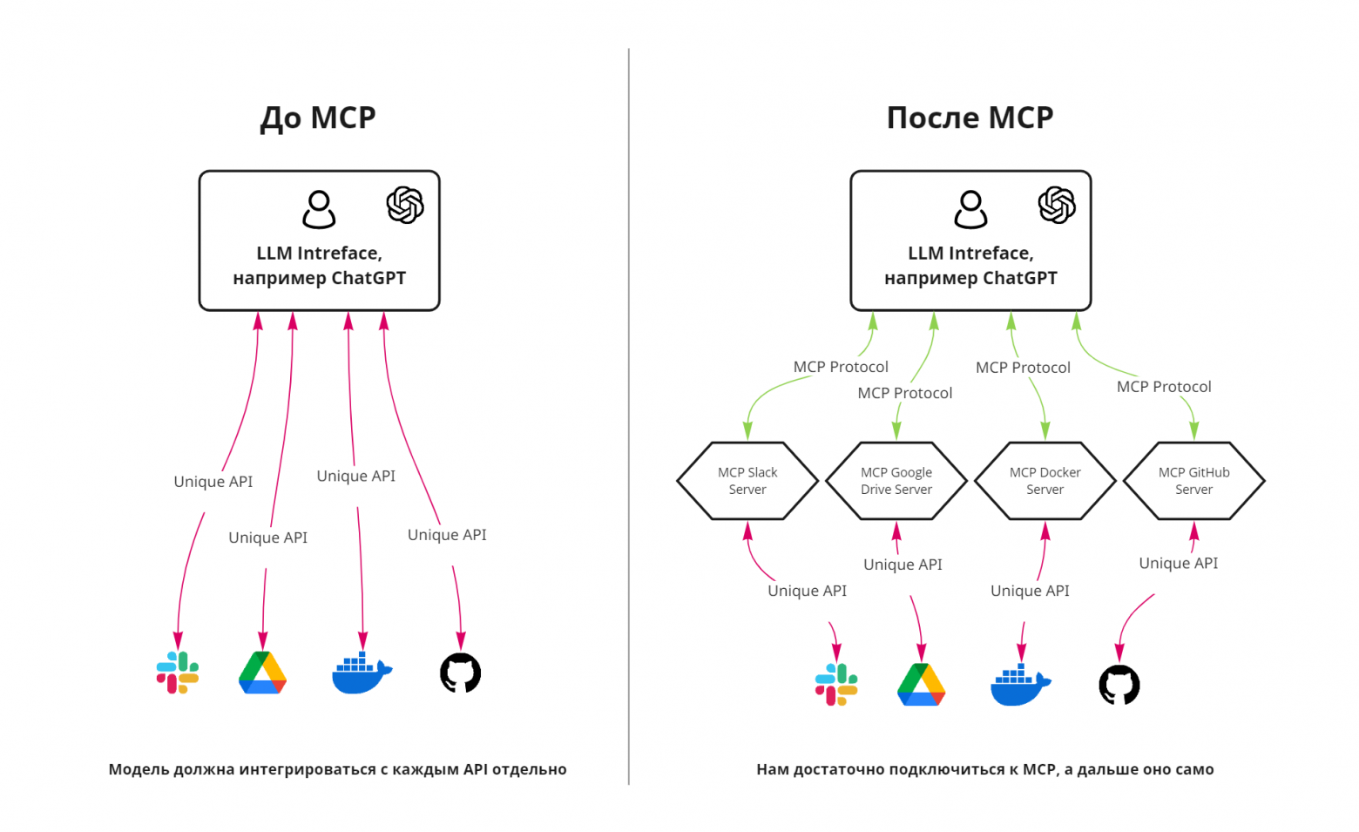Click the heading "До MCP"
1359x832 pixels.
pos(318,118)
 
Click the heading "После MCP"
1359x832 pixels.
pos(970,118)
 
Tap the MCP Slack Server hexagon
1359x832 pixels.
pos(747,481)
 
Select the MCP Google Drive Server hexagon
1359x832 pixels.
pos(896,481)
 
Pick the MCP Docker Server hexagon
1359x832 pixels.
pos(1045,481)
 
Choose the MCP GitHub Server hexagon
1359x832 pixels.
pos(1194,481)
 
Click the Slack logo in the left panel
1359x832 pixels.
pos(178,673)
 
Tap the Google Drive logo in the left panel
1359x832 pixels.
pos(263,673)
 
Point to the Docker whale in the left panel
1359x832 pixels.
pos(361,673)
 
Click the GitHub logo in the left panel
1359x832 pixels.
pos(461,673)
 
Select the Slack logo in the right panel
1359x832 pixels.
pos(836,685)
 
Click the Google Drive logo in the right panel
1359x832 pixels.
pos(922,685)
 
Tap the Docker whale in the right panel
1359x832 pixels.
pos(1019,686)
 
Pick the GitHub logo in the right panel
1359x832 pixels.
pos(1119,685)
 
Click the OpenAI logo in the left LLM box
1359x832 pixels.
pos(405,206)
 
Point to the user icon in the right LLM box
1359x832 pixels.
pos(970,210)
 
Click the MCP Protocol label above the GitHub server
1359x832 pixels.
pos(1164,387)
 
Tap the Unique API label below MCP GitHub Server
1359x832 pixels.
pos(1179,564)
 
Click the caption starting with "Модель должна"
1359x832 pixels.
pos(338,769)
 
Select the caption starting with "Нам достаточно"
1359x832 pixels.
pos(985,769)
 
